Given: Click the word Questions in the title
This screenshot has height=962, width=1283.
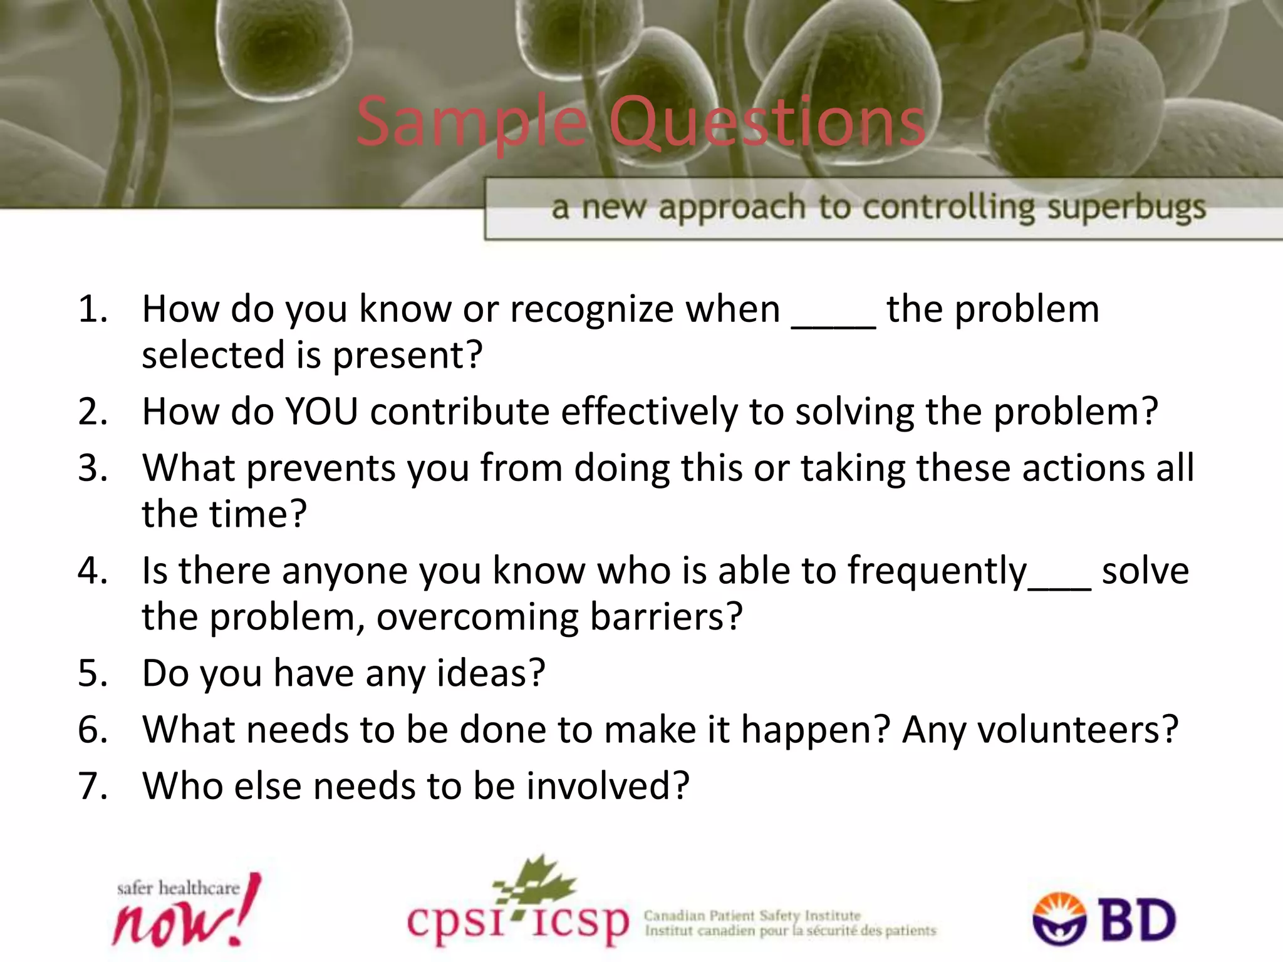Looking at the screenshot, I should coord(767,122).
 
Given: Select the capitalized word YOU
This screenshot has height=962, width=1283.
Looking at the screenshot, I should coord(321,412).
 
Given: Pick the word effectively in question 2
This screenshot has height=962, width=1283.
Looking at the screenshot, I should coord(649,412).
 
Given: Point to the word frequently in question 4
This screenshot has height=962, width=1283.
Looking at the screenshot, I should coord(937,572).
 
